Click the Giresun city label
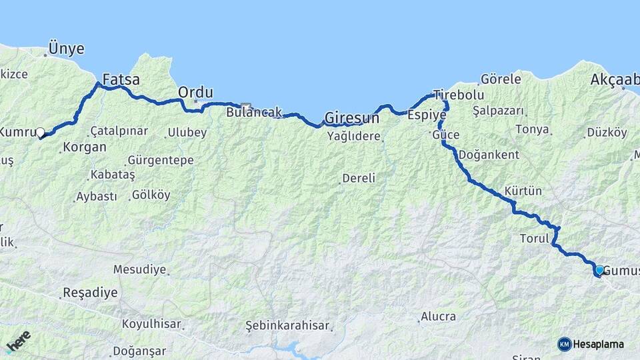pyautogui.click(x=351, y=119)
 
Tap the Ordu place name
pyautogui.click(x=195, y=92)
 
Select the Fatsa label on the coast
pyautogui.click(x=121, y=80)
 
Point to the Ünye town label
pyautogui.click(x=66, y=49)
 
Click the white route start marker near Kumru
pyautogui.click(x=41, y=132)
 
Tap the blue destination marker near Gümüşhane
pyautogui.click(x=599, y=270)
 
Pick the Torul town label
pyautogui.click(x=533, y=238)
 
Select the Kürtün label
pyautogui.click(x=523, y=191)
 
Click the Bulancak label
pyautogui.click(x=254, y=112)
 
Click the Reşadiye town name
pyautogui.click(x=89, y=292)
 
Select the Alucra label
pyautogui.click(x=438, y=317)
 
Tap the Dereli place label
pyautogui.click(x=359, y=178)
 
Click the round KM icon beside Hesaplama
pyautogui.click(x=565, y=344)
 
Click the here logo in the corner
pyautogui.click(x=18, y=340)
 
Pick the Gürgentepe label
pyautogui.click(x=160, y=160)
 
